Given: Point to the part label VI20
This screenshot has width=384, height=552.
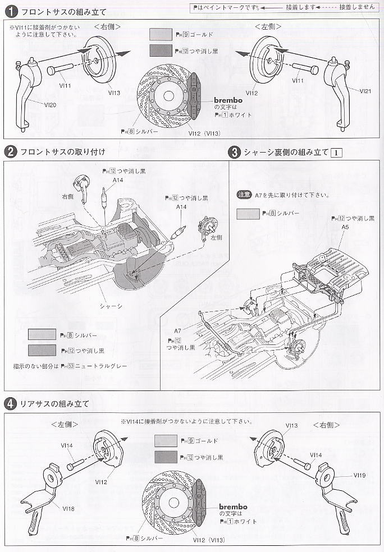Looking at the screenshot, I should pyautogui.click(x=50, y=104).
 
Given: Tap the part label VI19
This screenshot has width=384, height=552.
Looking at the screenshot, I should pyautogui.click(x=360, y=475).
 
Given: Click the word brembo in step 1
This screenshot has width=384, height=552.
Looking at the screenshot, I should pyautogui.click(x=227, y=100).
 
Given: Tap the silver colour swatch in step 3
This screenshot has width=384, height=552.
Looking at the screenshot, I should pyautogui.click(x=248, y=214).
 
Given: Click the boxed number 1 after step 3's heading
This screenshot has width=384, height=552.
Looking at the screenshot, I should pyautogui.click(x=337, y=152).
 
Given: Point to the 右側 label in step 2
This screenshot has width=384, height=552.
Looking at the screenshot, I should pyautogui.click(x=68, y=196).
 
